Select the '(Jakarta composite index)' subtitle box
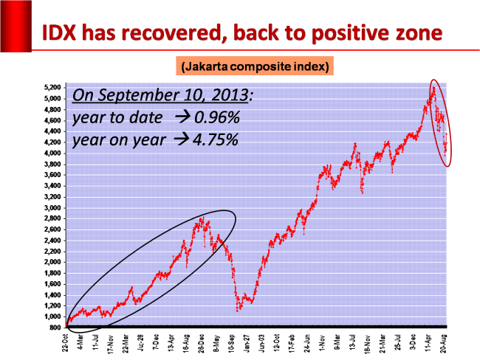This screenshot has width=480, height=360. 255,67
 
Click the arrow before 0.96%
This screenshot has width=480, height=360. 179,117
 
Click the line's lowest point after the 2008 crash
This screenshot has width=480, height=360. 238,311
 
